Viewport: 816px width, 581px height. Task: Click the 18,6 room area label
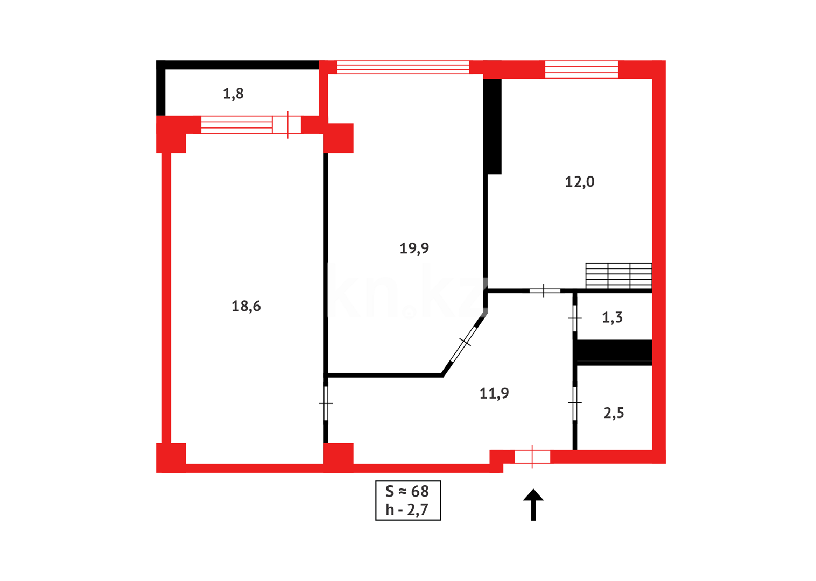[x=246, y=306]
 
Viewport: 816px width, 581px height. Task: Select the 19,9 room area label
[x=414, y=248]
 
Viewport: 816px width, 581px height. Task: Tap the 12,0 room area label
[x=579, y=182]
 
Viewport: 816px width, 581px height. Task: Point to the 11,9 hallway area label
[x=494, y=393]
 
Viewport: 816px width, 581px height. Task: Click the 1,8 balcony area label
[x=233, y=94]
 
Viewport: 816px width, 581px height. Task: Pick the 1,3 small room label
[x=612, y=317]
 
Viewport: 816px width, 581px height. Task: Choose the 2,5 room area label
[x=614, y=413]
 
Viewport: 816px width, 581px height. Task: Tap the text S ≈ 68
[x=407, y=491]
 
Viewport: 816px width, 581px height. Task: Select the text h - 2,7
[x=407, y=509]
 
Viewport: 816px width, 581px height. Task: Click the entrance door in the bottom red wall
[x=532, y=457]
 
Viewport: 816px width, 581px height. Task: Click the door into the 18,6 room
[x=326, y=403]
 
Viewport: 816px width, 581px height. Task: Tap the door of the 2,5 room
[x=574, y=403]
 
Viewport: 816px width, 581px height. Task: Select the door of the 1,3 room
[x=574, y=318]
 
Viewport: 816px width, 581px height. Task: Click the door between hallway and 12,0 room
[x=544, y=291]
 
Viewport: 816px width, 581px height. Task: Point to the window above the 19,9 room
[x=403, y=67]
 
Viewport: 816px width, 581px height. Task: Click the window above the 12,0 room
[x=581, y=69]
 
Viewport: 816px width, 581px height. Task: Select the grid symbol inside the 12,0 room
[x=618, y=275]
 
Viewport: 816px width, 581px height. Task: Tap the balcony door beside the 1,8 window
[x=286, y=125]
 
